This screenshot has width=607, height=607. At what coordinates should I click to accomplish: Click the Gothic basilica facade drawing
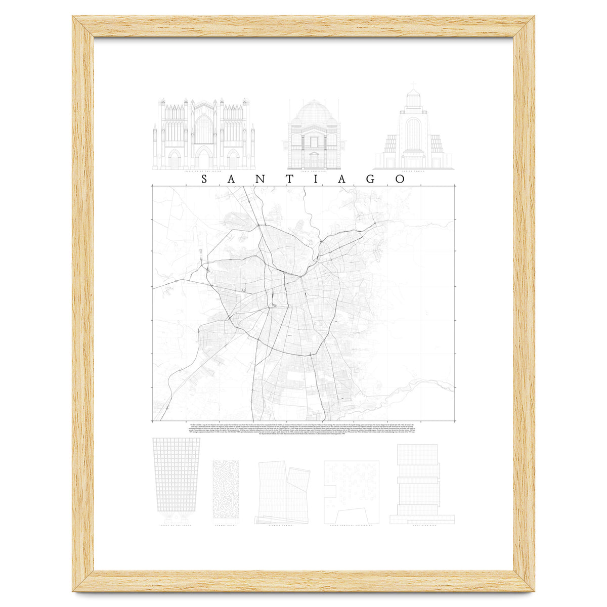tap(204, 134)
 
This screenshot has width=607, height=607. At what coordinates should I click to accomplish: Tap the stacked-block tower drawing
tap(417, 483)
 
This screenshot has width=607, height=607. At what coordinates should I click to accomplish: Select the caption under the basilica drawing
tap(203, 171)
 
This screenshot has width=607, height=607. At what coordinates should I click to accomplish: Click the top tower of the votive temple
tap(413, 99)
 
